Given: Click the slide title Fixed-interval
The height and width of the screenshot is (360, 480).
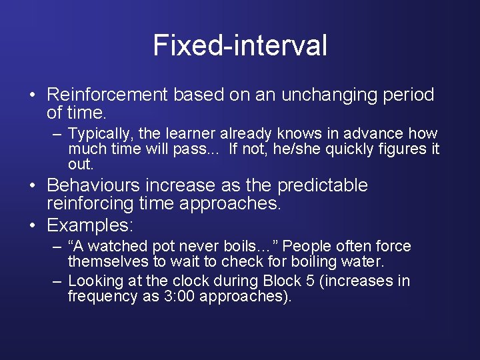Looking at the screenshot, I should [240, 46].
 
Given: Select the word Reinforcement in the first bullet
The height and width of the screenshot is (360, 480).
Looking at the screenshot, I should [108, 95].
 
